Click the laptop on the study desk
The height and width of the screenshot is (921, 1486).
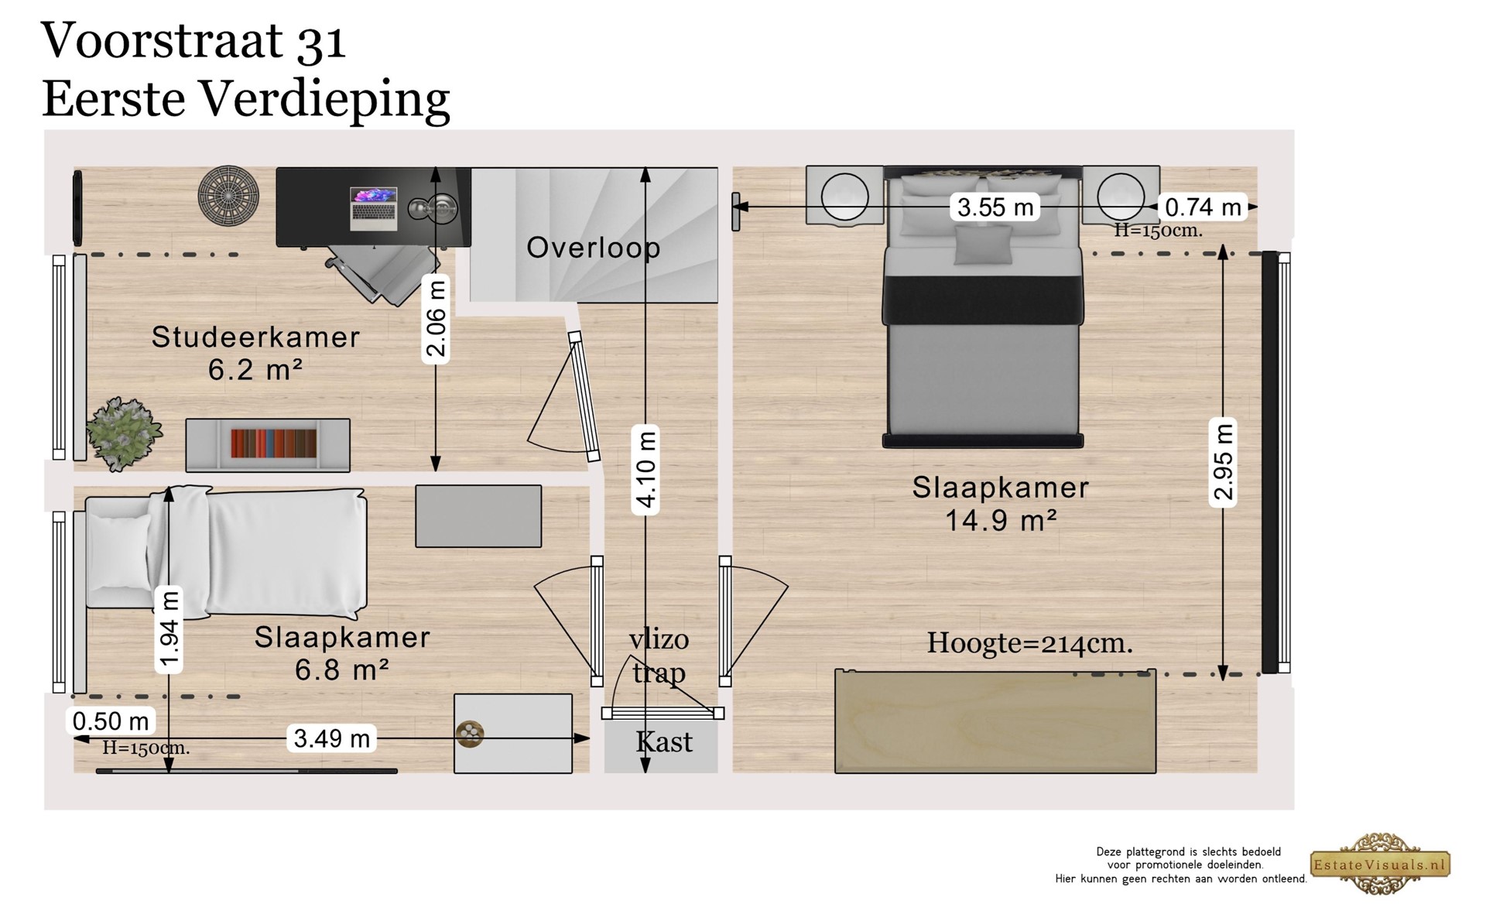click(374, 208)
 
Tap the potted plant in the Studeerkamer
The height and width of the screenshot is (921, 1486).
click(124, 434)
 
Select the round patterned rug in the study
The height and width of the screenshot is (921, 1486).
click(228, 195)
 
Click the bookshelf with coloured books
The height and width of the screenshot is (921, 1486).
click(268, 445)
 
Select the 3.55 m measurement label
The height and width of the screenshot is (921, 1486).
click(995, 207)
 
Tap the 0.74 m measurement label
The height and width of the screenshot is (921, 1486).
click(1203, 207)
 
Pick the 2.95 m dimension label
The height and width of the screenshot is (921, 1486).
click(1223, 464)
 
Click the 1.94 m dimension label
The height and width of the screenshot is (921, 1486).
click(169, 628)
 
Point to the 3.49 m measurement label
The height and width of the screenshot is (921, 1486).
click(332, 738)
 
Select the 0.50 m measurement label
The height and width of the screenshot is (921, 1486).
click(111, 721)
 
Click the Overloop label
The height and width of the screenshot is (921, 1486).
click(594, 248)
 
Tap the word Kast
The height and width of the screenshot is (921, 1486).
click(664, 742)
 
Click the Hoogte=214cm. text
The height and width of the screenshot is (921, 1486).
click(1030, 643)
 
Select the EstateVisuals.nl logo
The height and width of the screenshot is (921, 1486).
click(1381, 865)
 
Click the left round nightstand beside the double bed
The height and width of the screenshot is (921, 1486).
click(844, 196)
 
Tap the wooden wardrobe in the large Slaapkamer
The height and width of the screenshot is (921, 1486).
click(995, 721)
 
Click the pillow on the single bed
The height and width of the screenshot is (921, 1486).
click(120, 551)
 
